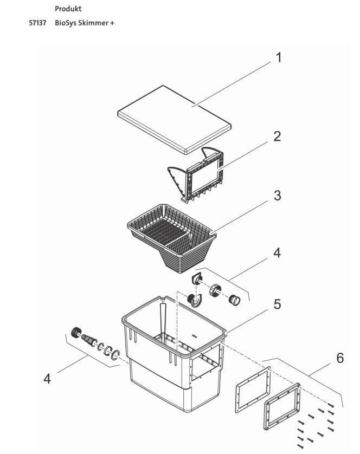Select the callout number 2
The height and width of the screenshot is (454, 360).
(x=277, y=136)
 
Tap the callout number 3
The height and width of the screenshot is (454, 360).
(x=277, y=196)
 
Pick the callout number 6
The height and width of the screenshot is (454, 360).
(x=339, y=358)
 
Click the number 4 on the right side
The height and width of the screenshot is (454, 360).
(x=277, y=252)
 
